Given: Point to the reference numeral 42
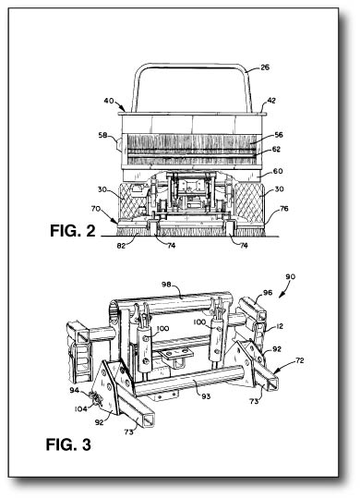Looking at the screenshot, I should (271, 101).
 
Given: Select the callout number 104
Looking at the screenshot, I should (81, 407).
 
